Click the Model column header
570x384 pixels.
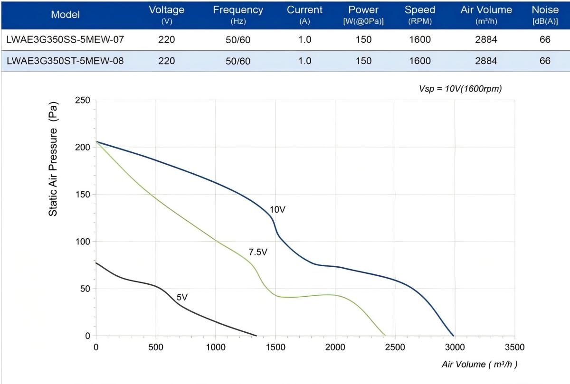(65, 15)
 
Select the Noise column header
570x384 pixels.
(545, 14)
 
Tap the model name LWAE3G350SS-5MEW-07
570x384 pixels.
(65, 40)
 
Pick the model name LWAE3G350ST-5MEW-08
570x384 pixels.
(65, 61)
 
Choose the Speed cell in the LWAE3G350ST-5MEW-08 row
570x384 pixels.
(420, 61)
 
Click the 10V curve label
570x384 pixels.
(277, 209)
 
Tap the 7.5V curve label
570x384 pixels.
(258, 252)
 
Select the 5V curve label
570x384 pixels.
(182, 298)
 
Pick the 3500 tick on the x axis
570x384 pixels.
(514, 347)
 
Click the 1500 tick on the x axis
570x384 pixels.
(275, 347)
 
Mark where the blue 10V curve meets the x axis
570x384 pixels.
(454, 336)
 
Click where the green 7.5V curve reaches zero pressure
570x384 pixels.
(385, 336)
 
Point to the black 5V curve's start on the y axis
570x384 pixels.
(96, 262)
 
